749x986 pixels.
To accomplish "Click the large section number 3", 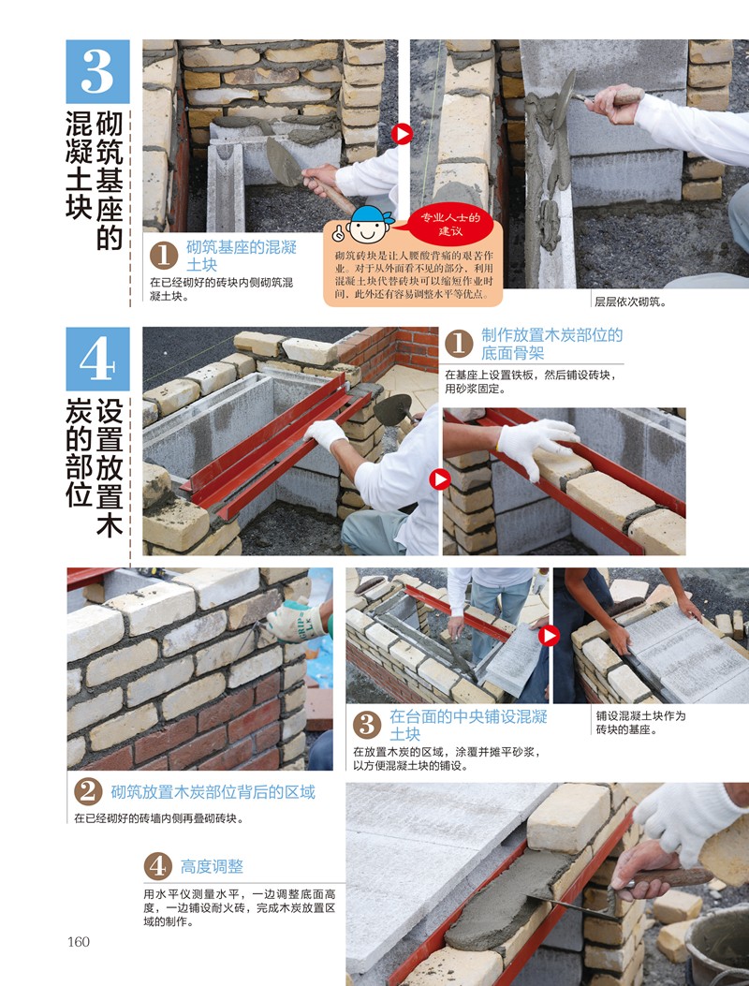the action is coord(97,71).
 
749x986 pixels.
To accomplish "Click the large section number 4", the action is coord(97,359).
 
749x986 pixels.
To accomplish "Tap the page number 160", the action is coord(79,941).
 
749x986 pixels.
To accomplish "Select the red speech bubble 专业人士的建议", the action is coord(450,224).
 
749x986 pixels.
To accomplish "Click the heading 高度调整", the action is coord(212,866).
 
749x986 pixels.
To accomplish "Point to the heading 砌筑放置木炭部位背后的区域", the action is coord(213,792).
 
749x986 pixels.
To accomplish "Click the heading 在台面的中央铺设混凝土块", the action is coord(468,725).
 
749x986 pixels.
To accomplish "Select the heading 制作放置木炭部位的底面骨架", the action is coord(551,344).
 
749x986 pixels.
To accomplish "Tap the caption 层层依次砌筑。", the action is coord(630,302).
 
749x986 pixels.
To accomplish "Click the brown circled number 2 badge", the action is coord(88,792).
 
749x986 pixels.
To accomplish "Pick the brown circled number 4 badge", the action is coord(158,866).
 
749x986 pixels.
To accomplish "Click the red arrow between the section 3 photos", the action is coord(402,134).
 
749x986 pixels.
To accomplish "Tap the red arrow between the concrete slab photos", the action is coord(549,636).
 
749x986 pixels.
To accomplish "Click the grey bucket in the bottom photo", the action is coord(717,947).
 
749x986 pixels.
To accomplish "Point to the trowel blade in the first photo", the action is coord(284,162).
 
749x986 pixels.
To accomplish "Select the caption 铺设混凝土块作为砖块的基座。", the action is coord(640,723).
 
